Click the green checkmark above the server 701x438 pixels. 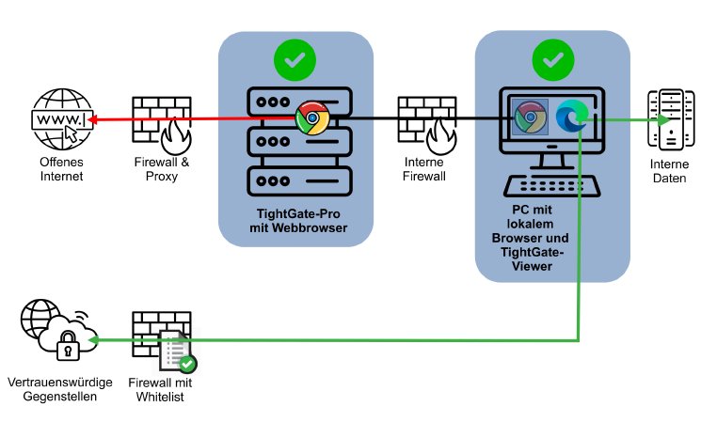coord(294,61)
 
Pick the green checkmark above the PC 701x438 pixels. coord(552,61)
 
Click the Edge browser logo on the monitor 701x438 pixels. coord(571,117)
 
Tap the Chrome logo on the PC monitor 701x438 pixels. coord(531,117)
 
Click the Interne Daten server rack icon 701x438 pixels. coord(670,119)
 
